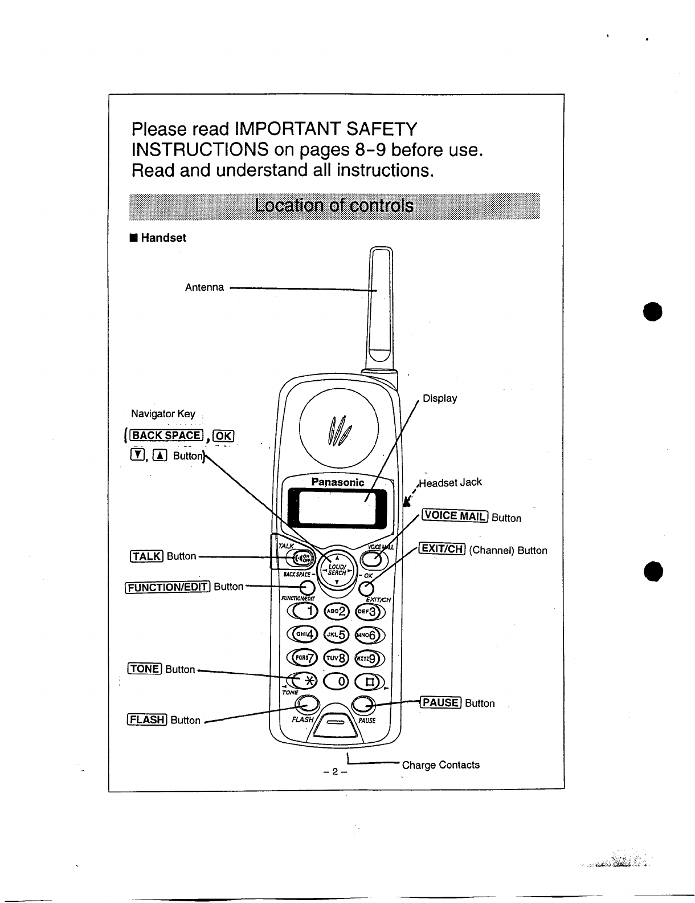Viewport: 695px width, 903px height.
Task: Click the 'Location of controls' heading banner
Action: tap(334, 206)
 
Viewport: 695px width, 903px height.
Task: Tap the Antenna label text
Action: tap(205, 287)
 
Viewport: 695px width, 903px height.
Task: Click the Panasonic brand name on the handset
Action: tap(337, 482)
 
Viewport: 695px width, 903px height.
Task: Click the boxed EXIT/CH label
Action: tap(443, 549)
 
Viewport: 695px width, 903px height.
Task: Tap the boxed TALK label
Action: tap(147, 556)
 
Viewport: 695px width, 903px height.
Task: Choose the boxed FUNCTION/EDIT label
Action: tap(167, 587)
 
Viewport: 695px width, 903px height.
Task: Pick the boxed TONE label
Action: tap(145, 669)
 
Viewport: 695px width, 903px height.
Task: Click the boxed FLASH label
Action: tap(147, 719)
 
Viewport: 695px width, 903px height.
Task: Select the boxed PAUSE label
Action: tap(440, 702)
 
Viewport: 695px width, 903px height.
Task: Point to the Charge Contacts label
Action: tap(440, 765)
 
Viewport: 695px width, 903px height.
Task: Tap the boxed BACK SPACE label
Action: tap(166, 436)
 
